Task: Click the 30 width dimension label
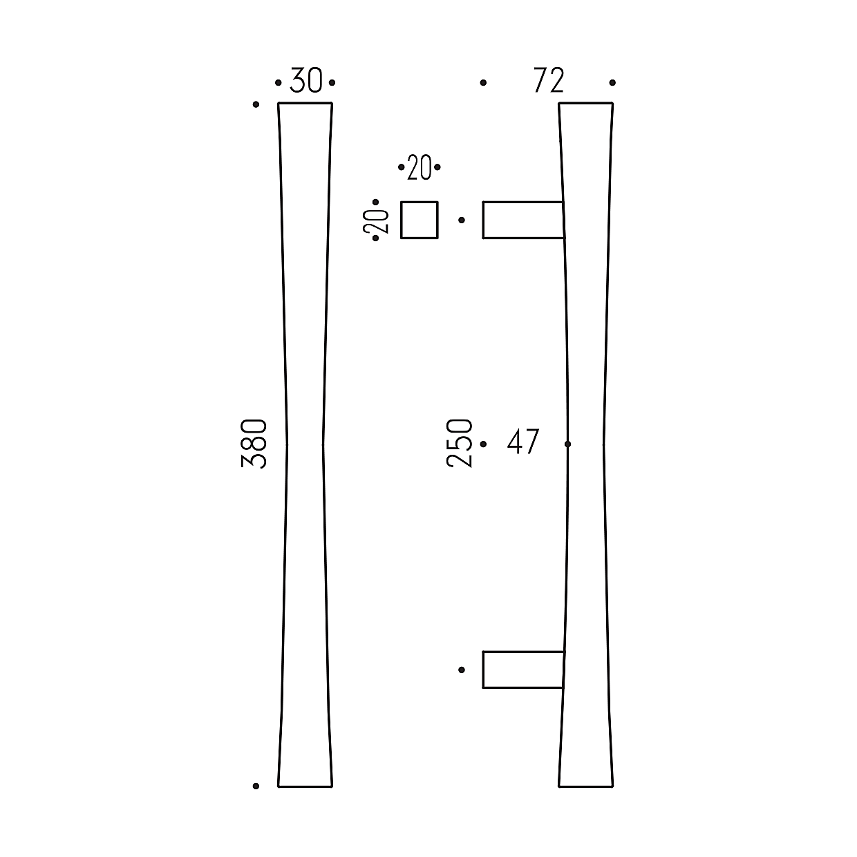point(306,80)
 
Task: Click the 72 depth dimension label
point(549,80)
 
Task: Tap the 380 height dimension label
point(254,444)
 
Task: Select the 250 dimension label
point(459,443)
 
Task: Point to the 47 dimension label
point(523,441)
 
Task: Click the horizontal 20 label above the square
point(420,167)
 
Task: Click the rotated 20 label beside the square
point(376,220)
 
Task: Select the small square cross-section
point(420,220)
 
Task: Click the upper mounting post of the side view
point(523,220)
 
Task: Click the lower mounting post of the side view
point(523,670)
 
